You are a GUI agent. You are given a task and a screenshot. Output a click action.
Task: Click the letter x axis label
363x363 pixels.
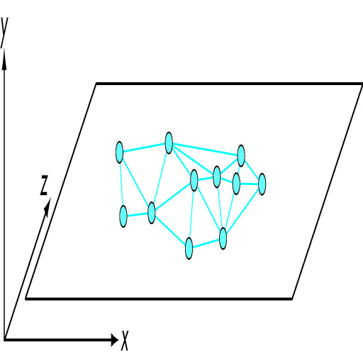(x=125, y=340)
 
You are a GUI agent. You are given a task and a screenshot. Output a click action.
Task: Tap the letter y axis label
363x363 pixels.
(x=4, y=33)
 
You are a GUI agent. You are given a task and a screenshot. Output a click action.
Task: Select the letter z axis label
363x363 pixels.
(x=44, y=185)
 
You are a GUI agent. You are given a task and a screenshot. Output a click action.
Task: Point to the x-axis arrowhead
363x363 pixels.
(x=115, y=340)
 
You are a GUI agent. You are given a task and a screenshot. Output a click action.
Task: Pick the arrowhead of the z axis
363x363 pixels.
(x=48, y=207)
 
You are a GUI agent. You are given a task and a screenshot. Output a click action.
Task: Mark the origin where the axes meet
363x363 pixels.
(x=4, y=340)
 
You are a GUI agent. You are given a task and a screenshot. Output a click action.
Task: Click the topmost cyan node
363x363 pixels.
(x=169, y=143)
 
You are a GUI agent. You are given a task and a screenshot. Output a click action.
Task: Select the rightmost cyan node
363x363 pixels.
(x=262, y=184)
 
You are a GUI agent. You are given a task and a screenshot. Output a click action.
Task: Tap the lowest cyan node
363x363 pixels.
(x=189, y=248)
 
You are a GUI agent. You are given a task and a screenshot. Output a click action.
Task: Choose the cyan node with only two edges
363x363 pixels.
(x=123, y=216)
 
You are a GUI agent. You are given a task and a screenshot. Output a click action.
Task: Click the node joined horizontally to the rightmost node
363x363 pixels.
(x=236, y=184)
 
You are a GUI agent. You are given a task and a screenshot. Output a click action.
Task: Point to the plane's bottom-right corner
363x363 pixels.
(x=292, y=299)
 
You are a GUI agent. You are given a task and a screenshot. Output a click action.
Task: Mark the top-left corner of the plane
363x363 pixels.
(x=96, y=84)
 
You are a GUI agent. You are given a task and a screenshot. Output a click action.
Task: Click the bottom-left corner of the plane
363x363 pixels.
(x=26, y=299)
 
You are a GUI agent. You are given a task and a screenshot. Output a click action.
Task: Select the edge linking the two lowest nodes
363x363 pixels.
(x=206, y=244)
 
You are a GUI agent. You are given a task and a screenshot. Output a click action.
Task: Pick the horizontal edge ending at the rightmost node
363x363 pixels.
(x=249, y=184)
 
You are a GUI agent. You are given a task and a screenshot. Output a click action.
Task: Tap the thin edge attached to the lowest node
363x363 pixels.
(x=191, y=214)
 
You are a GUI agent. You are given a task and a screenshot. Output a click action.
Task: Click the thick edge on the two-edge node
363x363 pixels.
(x=138, y=215)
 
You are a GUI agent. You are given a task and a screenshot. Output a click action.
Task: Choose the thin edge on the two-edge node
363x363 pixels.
(x=121, y=184)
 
